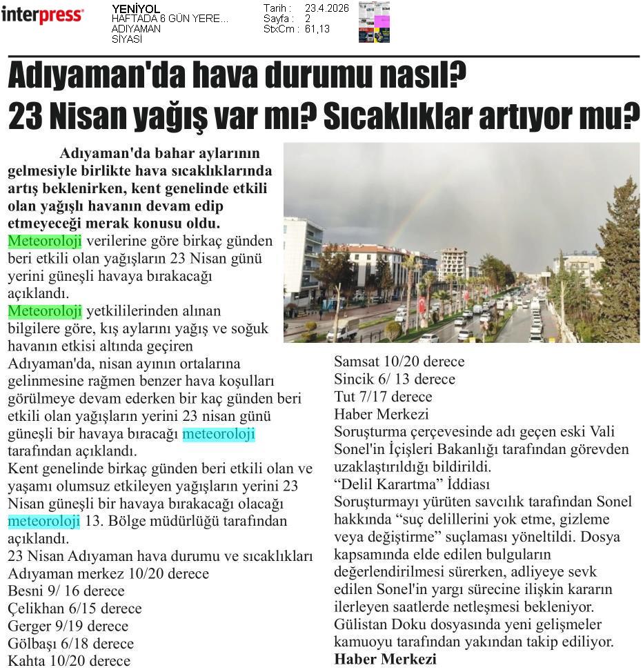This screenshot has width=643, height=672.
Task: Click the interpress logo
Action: point(42,14)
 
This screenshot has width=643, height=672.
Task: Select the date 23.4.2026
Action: point(326,8)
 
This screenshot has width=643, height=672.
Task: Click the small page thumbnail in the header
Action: point(374,22)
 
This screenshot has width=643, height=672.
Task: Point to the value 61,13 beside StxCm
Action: point(317,29)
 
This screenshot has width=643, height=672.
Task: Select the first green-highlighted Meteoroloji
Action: point(45,241)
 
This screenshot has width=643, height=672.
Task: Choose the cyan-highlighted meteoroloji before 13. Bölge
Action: point(44,520)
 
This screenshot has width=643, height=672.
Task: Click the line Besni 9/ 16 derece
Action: point(66,591)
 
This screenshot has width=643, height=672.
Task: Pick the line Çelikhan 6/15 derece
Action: point(75,609)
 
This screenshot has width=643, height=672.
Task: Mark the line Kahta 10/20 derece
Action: point(69,661)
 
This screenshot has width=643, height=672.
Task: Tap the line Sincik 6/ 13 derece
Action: point(395,379)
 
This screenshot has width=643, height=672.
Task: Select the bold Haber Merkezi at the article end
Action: point(385,660)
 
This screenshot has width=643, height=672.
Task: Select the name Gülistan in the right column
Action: point(361,624)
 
